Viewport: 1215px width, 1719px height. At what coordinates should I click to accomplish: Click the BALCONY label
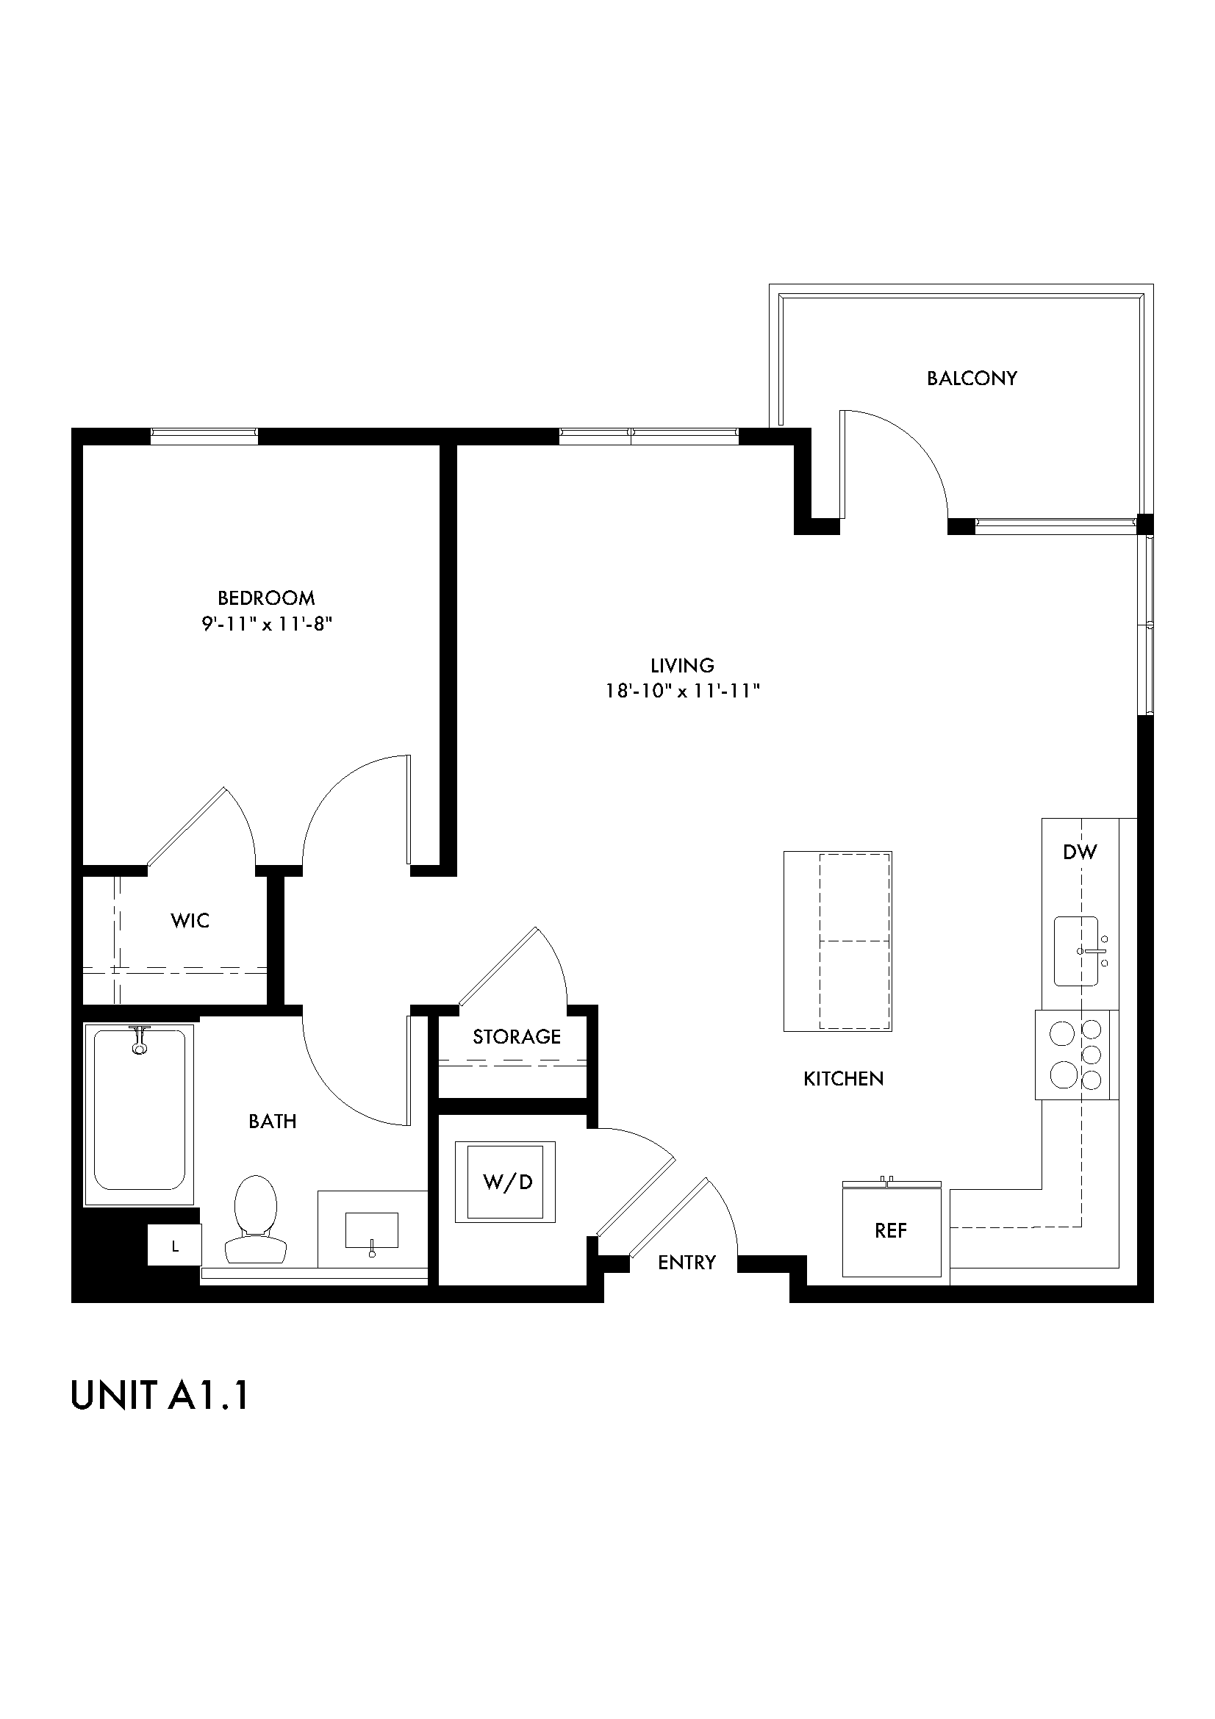[x=971, y=378]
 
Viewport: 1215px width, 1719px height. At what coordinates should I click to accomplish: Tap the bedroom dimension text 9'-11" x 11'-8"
[x=267, y=624]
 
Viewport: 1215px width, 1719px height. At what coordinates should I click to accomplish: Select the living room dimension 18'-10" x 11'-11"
[x=682, y=690]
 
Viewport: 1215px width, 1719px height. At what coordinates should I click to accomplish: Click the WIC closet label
[x=190, y=921]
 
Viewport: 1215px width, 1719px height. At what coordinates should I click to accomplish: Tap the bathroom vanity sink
[x=371, y=1230]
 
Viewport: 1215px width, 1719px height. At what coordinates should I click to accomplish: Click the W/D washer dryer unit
[x=508, y=1183]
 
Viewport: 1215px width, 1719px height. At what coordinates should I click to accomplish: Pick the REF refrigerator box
[x=891, y=1231]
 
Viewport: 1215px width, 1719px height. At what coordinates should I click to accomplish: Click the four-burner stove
[x=1077, y=1055]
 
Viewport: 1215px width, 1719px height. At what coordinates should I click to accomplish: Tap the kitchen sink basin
[x=1077, y=951]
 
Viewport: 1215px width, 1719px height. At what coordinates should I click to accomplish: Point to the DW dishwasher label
[x=1080, y=851]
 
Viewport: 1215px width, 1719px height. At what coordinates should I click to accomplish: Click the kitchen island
[x=837, y=941]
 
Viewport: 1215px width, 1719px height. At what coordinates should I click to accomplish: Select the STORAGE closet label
[x=517, y=1037]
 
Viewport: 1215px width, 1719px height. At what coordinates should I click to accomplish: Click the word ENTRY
[x=687, y=1263]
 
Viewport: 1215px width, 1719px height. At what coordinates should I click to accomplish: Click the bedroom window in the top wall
[x=204, y=436]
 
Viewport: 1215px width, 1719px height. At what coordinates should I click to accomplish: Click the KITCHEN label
[x=843, y=1079]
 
